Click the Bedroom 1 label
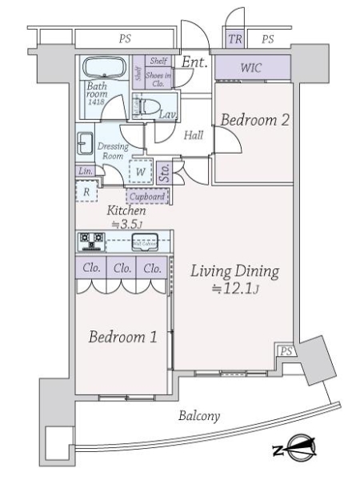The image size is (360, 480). click(x=122, y=337)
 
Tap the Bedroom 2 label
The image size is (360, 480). click(x=254, y=121)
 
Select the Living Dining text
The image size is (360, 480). click(x=234, y=272)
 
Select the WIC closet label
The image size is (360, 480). click(x=251, y=69)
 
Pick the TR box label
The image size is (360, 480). click(x=234, y=39)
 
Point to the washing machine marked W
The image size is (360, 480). click(x=141, y=170)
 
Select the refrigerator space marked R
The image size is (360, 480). click(x=86, y=191)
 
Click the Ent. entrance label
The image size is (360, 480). click(x=194, y=62)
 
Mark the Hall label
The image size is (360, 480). click(x=193, y=136)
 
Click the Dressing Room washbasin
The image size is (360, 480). click(x=83, y=145)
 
